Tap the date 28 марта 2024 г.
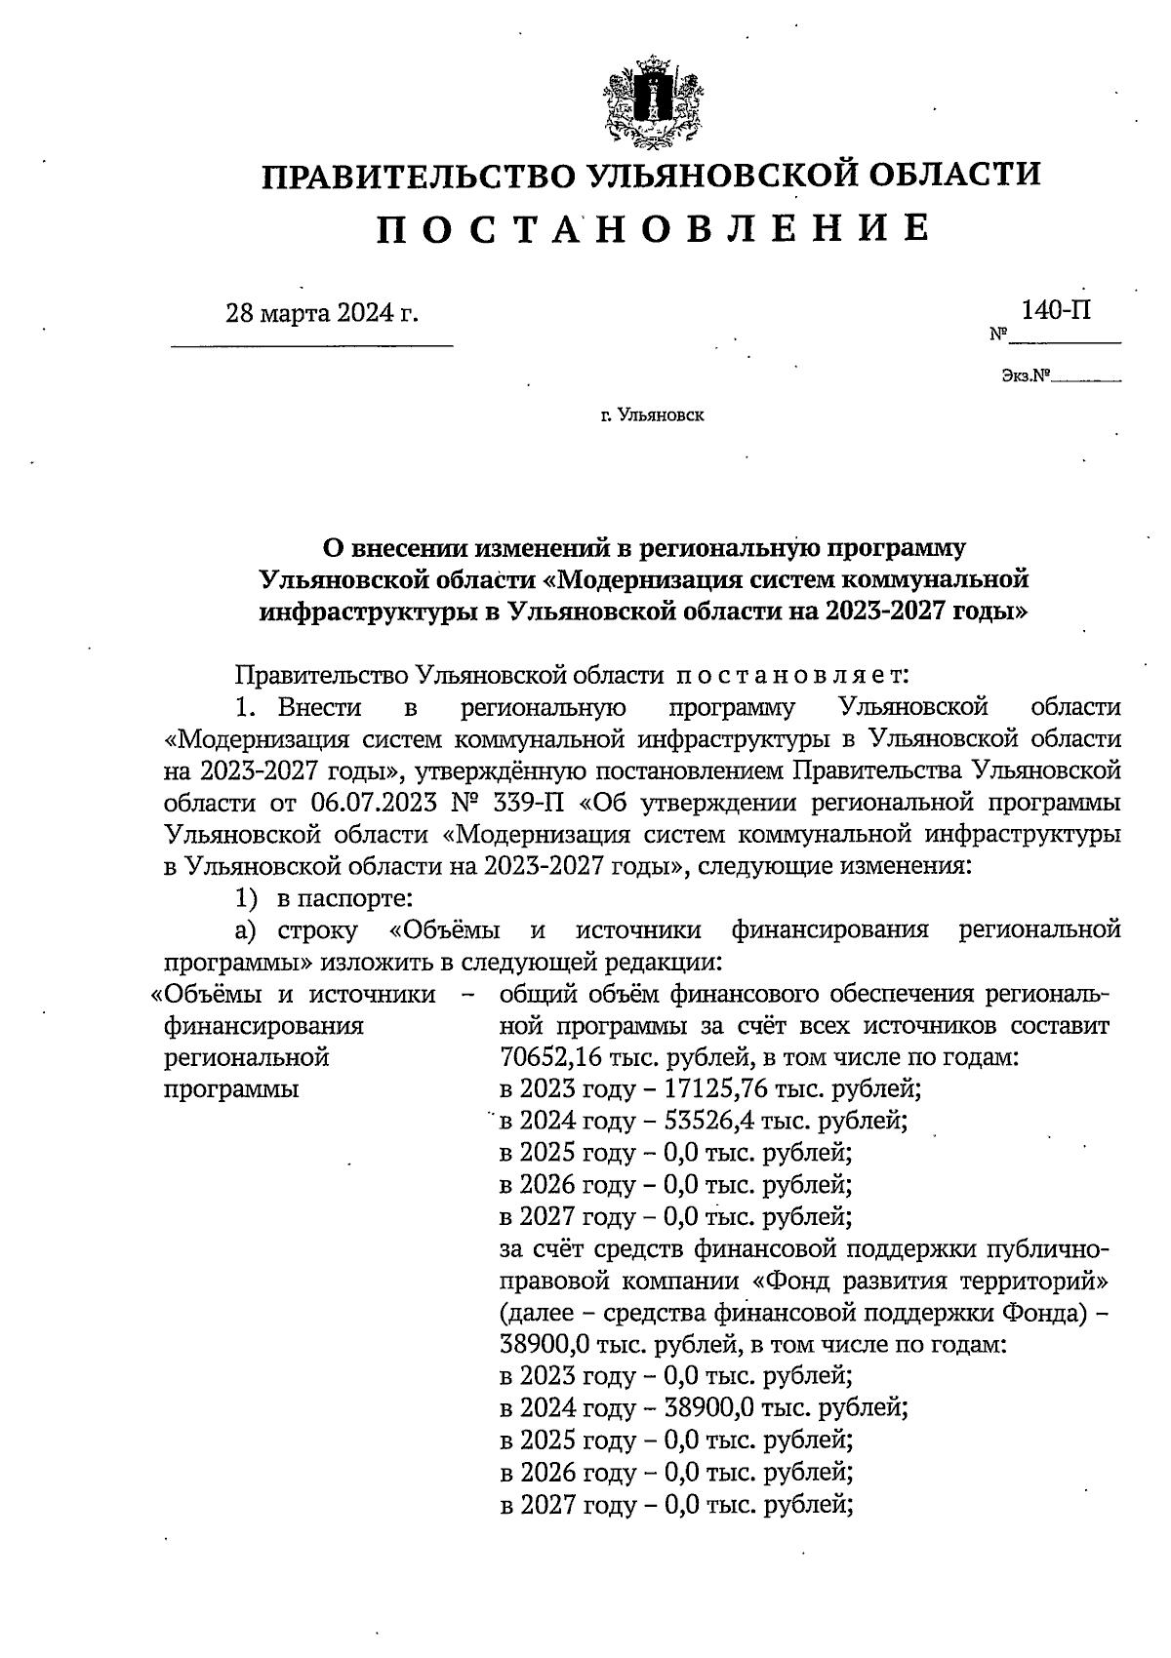tap(321, 313)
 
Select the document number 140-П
tap(1056, 310)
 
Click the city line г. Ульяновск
tap(652, 415)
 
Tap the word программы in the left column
tap(230, 1088)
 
